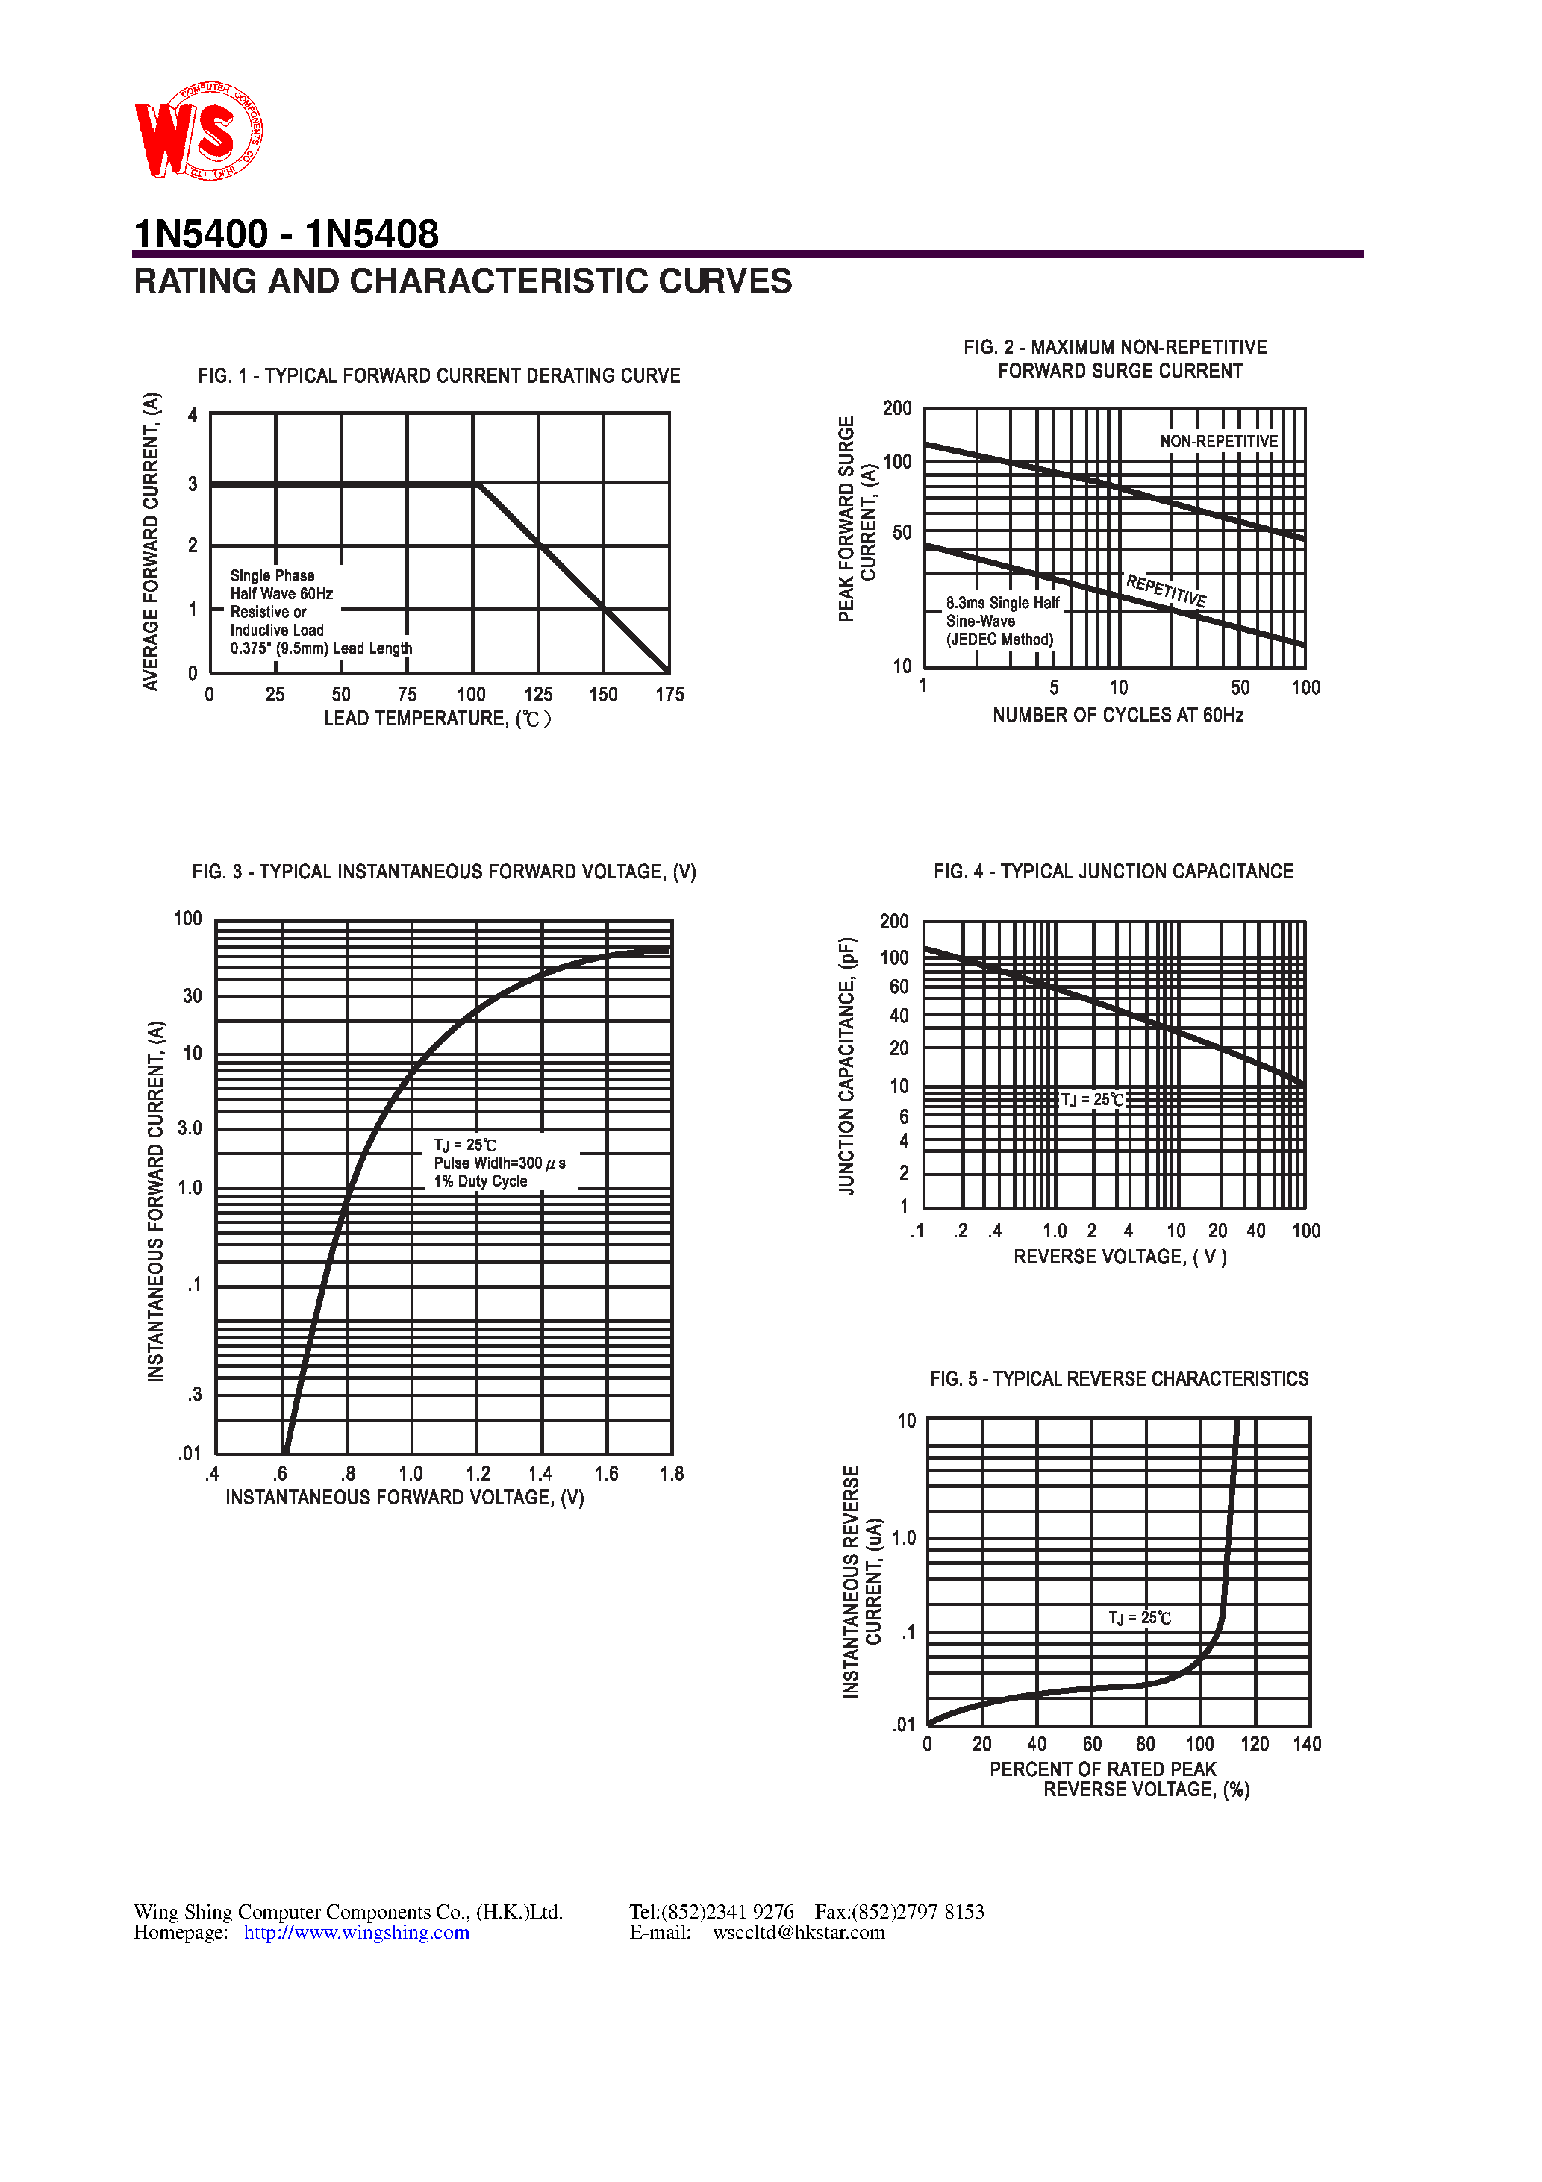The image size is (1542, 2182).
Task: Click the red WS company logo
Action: point(198,131)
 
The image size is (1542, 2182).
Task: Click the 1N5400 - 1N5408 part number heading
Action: point(286,234)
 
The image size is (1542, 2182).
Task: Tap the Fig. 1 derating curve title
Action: point(438,375)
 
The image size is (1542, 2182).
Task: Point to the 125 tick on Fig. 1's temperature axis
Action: point(538,695)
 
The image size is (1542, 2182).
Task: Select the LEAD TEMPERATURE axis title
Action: point(437,719)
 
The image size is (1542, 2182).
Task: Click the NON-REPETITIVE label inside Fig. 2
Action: point(1218,441)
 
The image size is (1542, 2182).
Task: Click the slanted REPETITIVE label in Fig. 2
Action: point(1166,590)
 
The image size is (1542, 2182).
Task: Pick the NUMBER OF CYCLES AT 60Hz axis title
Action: point(1117,715)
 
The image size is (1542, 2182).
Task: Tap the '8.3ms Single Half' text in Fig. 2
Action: point(1002,602)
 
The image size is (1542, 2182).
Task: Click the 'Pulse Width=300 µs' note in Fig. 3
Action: point(499,1163)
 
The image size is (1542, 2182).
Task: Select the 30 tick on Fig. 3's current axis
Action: point(192,996)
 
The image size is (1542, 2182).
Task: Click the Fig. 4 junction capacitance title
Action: point(1114,872)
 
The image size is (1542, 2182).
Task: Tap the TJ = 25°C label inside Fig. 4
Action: point(1093,1099)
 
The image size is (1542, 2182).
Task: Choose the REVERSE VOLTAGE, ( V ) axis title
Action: point(1120,1257)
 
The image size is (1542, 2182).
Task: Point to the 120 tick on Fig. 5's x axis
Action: point(1254,1744)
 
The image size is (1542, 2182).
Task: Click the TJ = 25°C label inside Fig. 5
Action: point(1139,1618)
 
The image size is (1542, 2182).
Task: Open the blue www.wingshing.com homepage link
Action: point(357,1932)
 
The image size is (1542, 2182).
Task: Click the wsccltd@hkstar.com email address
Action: point(799,1932)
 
